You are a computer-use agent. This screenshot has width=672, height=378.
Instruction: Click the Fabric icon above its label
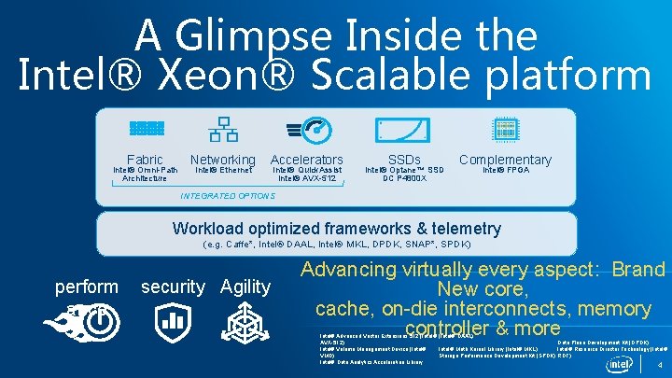click(x=146, y=129)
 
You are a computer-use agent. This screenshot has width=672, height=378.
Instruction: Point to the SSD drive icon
click(x=402, y=131)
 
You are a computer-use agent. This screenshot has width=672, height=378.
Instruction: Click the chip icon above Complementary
click(x=505, y=131)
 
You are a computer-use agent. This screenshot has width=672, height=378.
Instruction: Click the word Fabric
click(x=145, y=160)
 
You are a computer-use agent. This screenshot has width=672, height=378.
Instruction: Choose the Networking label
click(x=222, y=160)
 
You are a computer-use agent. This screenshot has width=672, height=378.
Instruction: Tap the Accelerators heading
click(x=306, y=160)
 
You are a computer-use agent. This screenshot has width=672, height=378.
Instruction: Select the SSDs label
click(x=404, y=160)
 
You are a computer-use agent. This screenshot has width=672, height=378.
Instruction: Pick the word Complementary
click(x=505, y=160)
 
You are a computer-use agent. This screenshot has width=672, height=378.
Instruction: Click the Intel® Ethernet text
click(x=222, y=170)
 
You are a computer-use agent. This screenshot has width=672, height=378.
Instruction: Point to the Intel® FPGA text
click(x=505, y=170)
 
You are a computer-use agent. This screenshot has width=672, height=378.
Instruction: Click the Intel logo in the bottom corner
click(x=620, y=363)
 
